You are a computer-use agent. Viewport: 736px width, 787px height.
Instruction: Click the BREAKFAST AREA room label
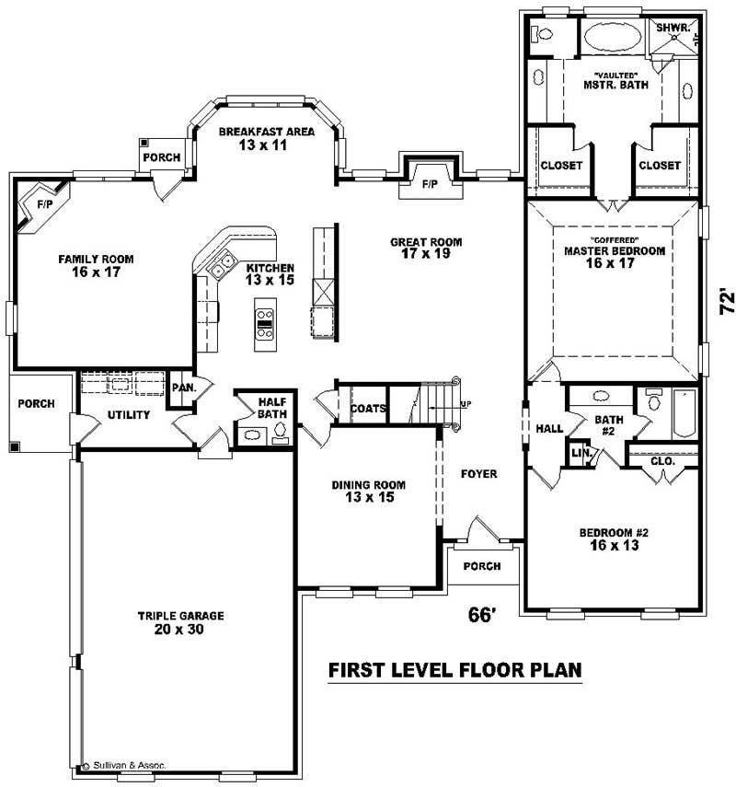(x=266, y=138)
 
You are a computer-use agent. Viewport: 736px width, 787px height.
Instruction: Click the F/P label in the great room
(x=429, y=184)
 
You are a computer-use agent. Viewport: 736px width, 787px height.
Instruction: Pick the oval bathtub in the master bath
(x=610, y=39)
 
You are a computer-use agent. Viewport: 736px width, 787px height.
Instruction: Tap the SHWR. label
(x=673, y=28)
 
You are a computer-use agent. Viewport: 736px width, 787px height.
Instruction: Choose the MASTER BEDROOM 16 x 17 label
(x=614, y=256)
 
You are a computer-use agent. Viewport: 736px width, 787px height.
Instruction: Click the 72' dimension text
(x=727, y=304)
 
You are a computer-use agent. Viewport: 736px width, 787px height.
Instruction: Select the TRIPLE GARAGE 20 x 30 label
(x=181, y=623)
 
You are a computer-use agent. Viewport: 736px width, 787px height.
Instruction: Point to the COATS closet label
(x=368, y=408)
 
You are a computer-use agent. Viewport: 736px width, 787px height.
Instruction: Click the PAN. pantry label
(x=184, y=388)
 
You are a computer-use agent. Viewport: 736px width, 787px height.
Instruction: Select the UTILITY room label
(x=129, y=415)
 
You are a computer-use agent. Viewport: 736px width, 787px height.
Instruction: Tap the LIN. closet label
(x=580, y=453)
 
